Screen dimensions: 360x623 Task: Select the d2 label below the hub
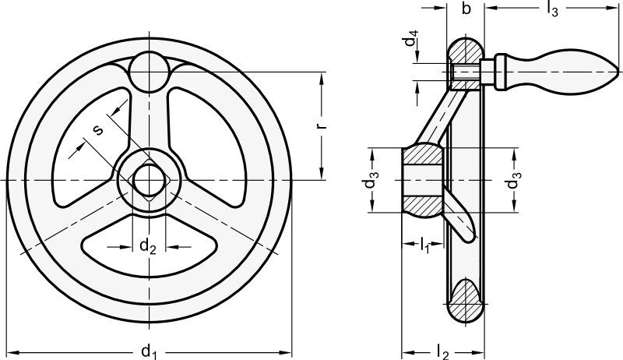tap(148, 246)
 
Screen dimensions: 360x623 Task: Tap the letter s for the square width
tap(98, 130)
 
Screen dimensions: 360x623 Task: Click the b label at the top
tap(466, 10)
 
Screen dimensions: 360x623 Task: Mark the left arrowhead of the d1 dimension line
tap(9, 352)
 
